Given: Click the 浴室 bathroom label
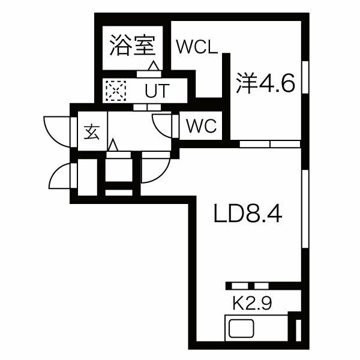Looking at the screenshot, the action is tap(133, 45).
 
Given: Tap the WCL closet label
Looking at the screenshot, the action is tap(197, 47).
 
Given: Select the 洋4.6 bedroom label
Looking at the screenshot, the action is tap(265, 83).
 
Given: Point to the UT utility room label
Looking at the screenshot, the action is tap(157, 91).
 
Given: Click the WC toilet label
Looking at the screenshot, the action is tap(202, 126).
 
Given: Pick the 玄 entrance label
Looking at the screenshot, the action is tap(92, 133).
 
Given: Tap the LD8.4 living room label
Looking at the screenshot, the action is tap(248, 214).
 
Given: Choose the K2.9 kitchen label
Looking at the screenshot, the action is tap(252, 303).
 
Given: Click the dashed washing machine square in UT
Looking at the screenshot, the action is tap(116, 91).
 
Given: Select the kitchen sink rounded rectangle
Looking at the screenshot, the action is tap(241, 328).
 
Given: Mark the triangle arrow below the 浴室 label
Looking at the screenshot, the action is tap(154, 65).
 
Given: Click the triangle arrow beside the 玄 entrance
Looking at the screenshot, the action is tap(113, 145).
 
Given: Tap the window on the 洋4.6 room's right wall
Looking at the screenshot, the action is tap(305, 77).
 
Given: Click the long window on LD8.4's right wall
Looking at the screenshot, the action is tap(305, 209).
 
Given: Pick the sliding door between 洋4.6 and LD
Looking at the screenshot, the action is tap(270, 144).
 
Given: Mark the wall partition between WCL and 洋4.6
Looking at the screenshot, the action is tap(227, 97).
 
